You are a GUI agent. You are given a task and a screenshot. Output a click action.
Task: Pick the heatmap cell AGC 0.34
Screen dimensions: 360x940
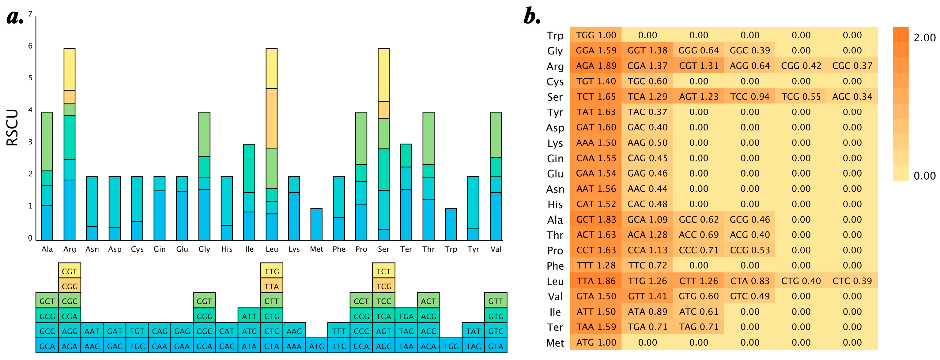pyautogui.click(x=852, y=97)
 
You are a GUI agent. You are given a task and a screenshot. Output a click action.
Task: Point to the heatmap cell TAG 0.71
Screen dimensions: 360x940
pyautogui.click(x=698, y=327)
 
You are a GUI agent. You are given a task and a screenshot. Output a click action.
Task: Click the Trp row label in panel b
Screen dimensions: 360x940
pyautogui.click(x=555, y=36)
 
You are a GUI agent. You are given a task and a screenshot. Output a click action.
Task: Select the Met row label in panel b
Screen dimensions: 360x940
pyautogui.click(x=555, y=343)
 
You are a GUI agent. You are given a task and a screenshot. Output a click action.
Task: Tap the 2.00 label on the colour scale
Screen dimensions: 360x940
pyautogui.click(x=924, y=38)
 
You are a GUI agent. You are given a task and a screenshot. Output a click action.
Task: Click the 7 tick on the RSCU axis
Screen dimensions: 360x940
pyautogui.click(x=30, y=14)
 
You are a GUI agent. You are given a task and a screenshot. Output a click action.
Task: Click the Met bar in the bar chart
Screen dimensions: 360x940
pyautogui.click(x=316, y=224)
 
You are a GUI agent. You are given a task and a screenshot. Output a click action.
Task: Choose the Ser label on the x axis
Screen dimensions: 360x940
pyautogui.click(x=383, y=249)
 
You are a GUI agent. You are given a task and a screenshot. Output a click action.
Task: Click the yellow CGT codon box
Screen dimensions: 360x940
pyautogui.click(x=69, y=271)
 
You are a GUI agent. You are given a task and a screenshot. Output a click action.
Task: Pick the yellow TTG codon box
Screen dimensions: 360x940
pyautogui.click(x=271, y=271)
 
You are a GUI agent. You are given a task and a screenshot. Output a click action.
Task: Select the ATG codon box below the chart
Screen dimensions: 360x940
pyautogui.click(x=316, y=346)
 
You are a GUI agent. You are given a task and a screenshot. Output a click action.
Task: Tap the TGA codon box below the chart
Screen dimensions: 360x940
pyautogui.click(x=406, y=316)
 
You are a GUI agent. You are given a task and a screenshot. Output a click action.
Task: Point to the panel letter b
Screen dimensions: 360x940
pyautogui.click(x=532, y=17)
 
